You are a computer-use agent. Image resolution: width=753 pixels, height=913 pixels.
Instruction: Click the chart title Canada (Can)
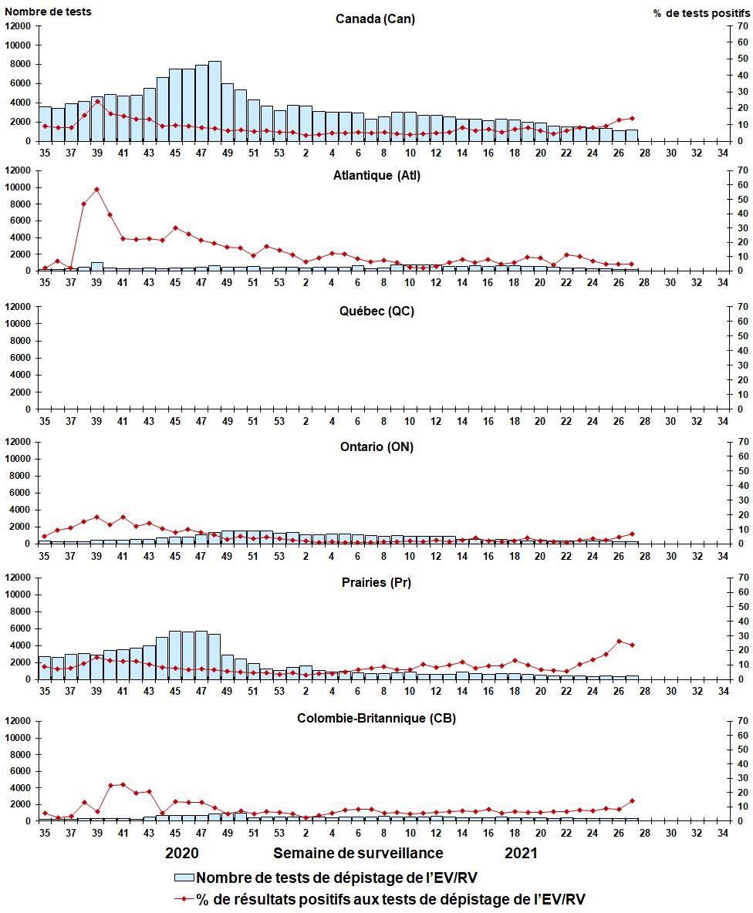point(375,19)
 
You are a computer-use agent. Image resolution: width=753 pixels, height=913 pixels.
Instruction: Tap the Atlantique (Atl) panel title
point(376,175)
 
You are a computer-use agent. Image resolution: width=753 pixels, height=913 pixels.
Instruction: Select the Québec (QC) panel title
point(376,311)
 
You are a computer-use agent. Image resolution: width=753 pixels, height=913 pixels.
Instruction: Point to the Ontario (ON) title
point(376,446)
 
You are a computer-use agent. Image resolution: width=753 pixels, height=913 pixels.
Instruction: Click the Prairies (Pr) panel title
point(376,582)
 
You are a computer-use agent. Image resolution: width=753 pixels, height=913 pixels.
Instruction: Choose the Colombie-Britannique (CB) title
point(376,718)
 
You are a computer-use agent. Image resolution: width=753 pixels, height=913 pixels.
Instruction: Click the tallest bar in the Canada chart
point(214,101)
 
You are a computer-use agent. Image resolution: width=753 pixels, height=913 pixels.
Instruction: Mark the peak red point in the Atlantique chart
point(96,189)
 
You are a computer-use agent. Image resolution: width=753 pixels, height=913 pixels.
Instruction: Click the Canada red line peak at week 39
point(96,101)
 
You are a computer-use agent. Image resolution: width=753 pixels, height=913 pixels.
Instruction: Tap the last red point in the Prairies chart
point(632,645)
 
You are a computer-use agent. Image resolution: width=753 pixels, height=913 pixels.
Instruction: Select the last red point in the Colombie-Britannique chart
point(632,801)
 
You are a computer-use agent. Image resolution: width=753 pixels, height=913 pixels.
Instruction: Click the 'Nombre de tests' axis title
point(48,12)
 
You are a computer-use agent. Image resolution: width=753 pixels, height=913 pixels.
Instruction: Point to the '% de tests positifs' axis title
point(701,13)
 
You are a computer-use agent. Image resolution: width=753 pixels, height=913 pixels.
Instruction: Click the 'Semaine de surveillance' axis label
point(358,853)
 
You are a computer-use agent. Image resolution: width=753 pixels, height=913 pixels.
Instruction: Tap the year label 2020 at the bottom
point(182,853)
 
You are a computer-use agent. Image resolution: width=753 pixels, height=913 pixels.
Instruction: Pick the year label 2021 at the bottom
point(521,853)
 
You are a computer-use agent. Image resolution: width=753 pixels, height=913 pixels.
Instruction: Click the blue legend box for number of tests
point(184,878)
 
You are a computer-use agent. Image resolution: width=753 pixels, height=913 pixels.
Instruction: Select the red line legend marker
point(184,899)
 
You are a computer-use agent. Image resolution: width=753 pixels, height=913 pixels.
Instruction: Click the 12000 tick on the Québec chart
point(18,307)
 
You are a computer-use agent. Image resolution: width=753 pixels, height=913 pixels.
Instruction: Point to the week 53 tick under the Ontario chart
point(279,556)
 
